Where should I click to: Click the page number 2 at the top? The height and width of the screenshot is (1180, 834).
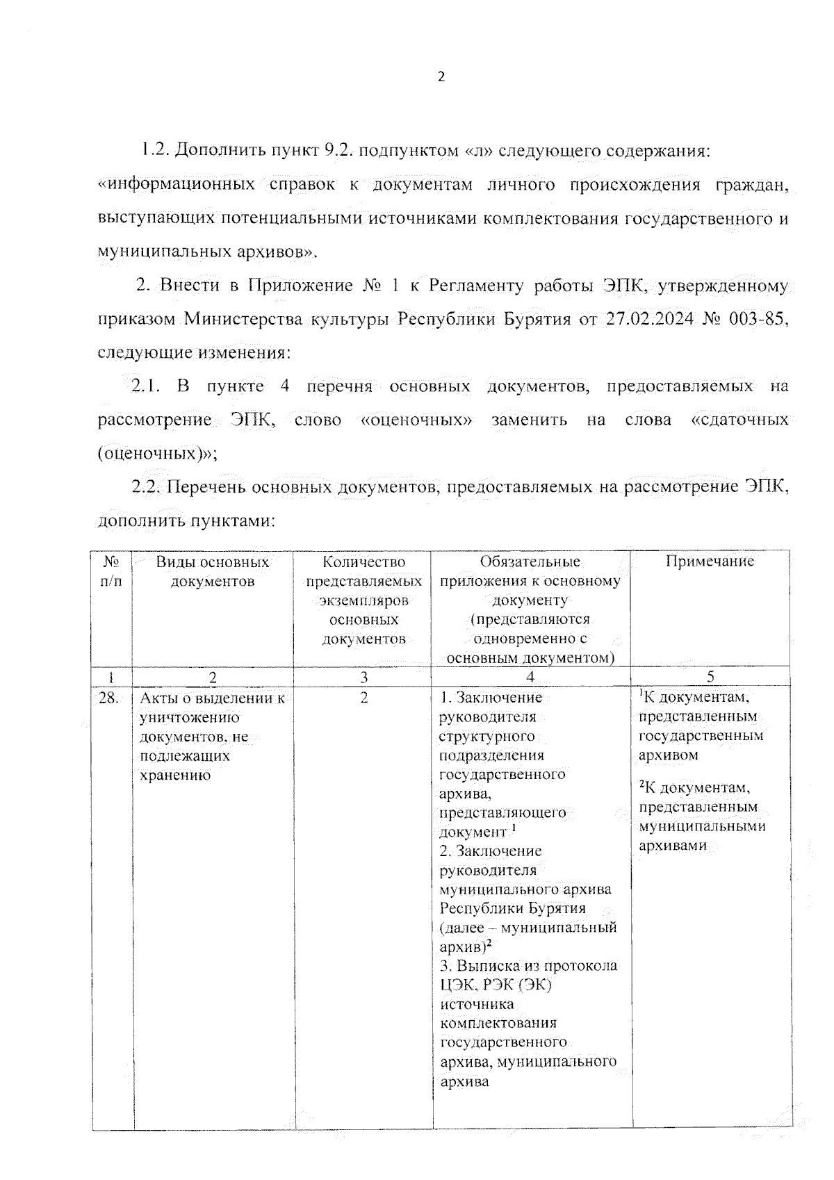click(441, 77)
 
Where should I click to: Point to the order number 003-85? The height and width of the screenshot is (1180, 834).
click(760, 319)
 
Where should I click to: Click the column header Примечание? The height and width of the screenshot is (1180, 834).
click(710, 562)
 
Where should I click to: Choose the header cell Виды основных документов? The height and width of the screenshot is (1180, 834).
click(213, 571)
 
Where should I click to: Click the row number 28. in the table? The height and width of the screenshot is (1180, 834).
click(108, 698)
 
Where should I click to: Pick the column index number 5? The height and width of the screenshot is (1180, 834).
click(710, 677)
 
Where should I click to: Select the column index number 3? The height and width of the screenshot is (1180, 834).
click(363, 677)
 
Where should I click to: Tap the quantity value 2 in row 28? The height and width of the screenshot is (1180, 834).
click(363, 698)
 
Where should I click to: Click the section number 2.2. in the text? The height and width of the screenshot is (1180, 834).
click(146, 487)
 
